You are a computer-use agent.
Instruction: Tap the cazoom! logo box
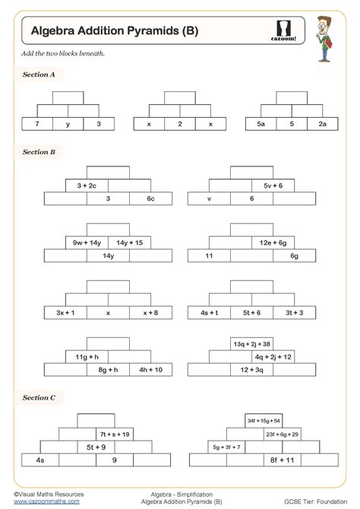[283, 29]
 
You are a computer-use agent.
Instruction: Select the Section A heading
[39, 75]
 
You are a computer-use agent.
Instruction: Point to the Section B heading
[39, 152]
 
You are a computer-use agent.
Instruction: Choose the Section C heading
[39, 397]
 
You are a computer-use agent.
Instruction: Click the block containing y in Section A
[68, 123]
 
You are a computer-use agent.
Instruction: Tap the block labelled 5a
[261, 123]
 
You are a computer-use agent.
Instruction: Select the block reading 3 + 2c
[87, 185]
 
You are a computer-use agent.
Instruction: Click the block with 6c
[150, 198]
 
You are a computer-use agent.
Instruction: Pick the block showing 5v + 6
[273, 185]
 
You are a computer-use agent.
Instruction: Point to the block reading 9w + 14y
[87, 242]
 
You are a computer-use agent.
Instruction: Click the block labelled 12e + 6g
[273, 242]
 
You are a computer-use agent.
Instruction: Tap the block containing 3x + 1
[65, 312]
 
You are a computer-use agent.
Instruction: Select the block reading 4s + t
[210, 312]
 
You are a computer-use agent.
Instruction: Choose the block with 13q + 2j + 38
[252, 343]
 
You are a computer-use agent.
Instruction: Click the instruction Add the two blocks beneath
[52, 55]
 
